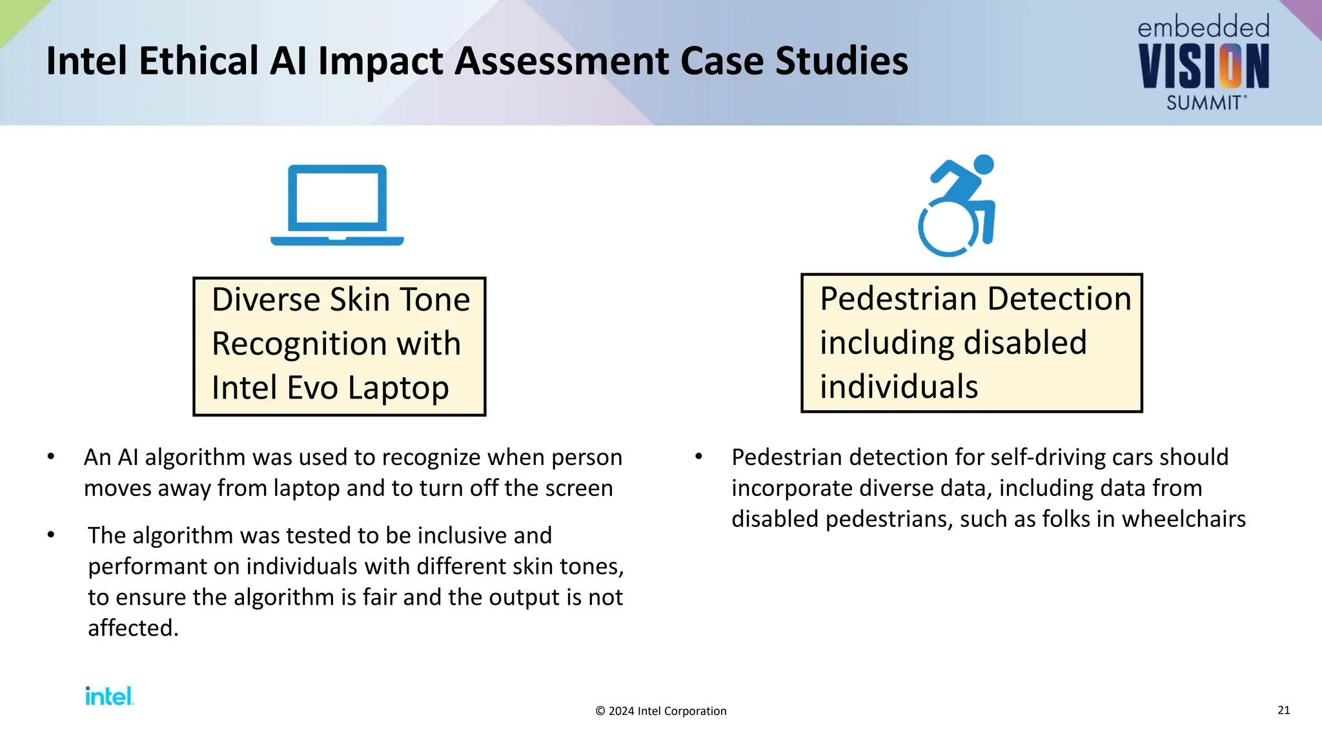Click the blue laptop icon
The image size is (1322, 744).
337,205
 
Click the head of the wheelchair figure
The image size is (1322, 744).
983,164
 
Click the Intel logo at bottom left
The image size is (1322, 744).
109,696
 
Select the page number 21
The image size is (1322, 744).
1283,710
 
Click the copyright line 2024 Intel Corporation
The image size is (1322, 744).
660,711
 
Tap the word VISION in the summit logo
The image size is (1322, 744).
1203,67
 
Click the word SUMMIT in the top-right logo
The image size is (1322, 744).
1204,103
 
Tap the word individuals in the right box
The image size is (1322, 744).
899,387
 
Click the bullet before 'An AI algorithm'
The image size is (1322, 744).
51,457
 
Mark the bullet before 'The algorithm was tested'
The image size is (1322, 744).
51,535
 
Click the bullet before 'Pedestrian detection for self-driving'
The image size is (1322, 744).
698,457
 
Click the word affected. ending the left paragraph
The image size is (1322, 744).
133,628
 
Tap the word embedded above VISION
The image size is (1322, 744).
1203,28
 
